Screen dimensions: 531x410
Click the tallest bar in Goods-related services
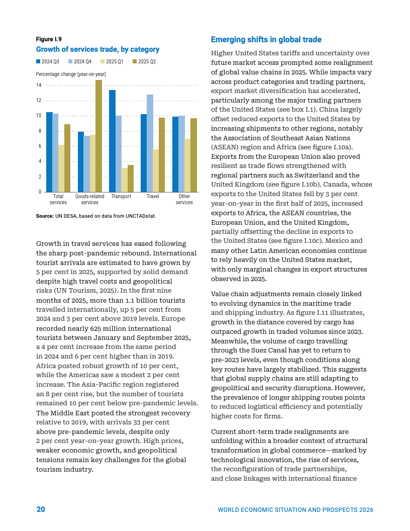[x=98, y=136]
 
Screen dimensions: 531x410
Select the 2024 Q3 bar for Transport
[x=112, y=141]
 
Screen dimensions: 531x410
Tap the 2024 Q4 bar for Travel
[x=150, y=143]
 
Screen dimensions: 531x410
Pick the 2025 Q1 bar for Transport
[x=124, y=180]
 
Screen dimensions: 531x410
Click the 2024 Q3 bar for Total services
[x=49, y=152]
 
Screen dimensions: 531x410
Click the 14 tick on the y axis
[x=39, y=85]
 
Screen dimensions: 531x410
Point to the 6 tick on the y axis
[x=40, y=146]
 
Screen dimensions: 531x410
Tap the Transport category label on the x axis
[x=121, y=197]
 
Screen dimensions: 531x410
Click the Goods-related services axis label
[x=89, y=200]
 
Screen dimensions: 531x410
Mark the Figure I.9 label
[x=49, y=39]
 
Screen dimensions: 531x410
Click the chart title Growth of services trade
[x=97, y=49]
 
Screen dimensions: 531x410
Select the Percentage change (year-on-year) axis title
[x=70, y=74]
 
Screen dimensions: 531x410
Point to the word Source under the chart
[x=45, y=216]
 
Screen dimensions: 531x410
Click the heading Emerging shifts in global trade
[x=266, y=40]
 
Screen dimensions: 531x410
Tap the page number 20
[x=41, y=509]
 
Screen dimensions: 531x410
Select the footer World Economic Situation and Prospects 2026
[x=295, y=510]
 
